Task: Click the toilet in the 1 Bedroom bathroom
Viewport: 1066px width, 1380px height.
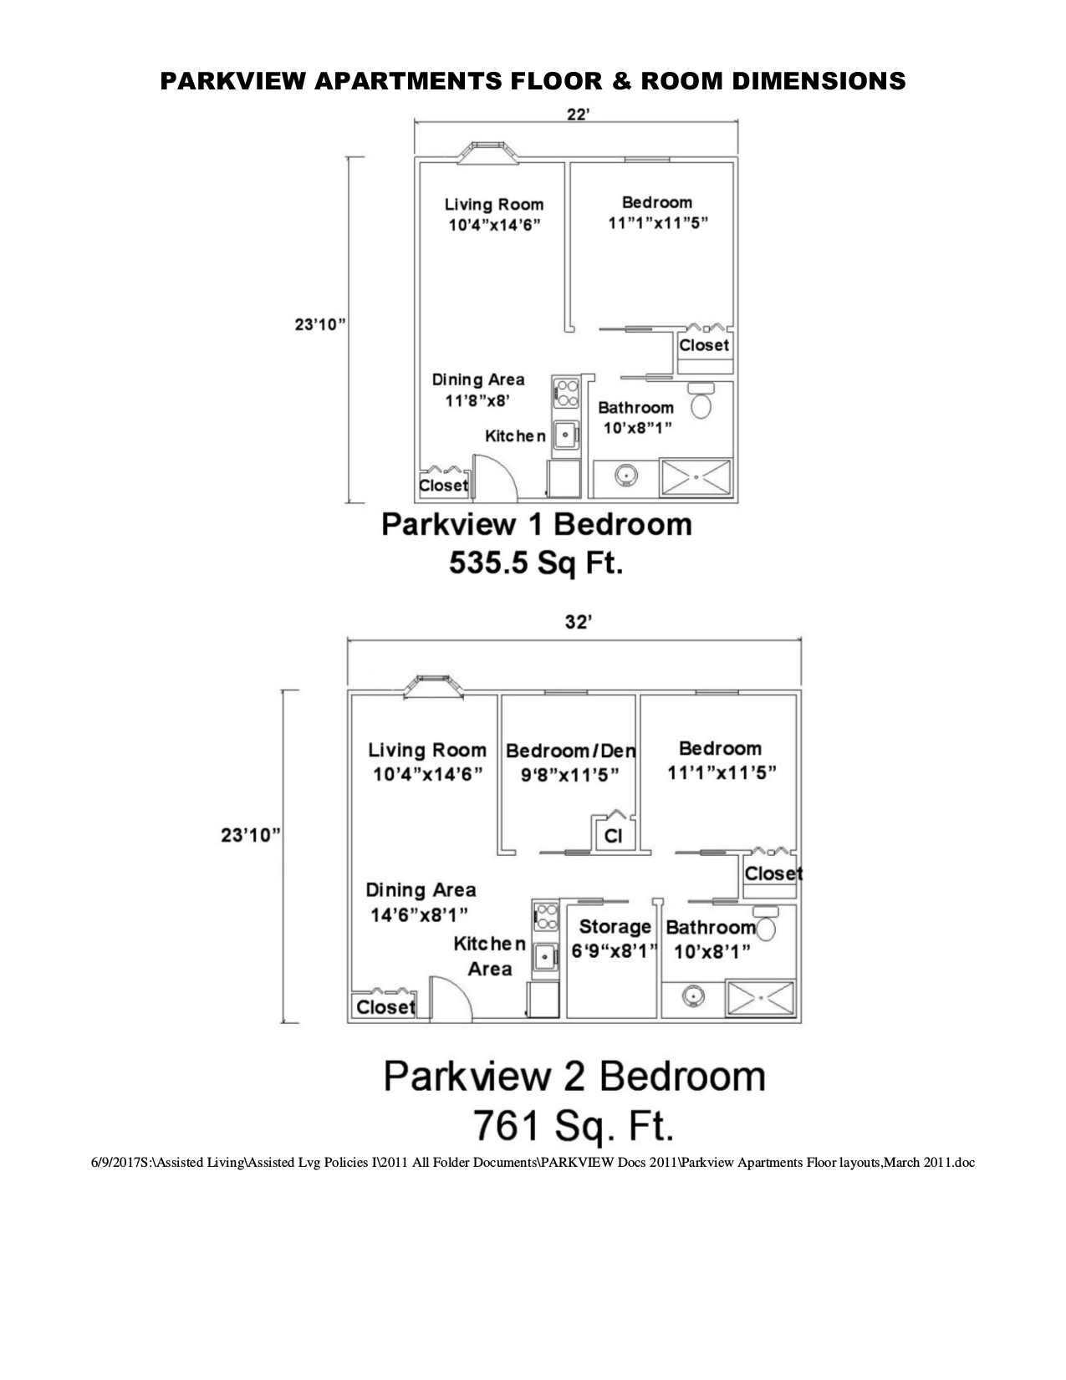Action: pyautogui.click(x=701, y=402)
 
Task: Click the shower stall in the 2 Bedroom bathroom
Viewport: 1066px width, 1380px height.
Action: pyautogui.click(x=760, y=999)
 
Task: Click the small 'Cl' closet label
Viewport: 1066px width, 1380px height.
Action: pyautogui.click(x=613, y=836)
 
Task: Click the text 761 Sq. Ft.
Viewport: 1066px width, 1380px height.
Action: pyautogui.click(x=574, y=1124)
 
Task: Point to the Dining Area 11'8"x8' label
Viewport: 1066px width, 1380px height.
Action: pyautogui.click(x=477, y=390)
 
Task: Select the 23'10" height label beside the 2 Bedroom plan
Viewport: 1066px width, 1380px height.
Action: pyautogui.click(x=248, y=834)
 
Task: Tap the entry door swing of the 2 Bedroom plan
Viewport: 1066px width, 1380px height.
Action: pyautogui.click(x=450, y=998)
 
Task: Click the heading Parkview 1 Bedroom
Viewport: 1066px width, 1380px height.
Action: pyautogui.click(x=537, y=525)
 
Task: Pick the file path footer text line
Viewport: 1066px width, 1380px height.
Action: pyautogui.click(x=533, y=1162)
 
